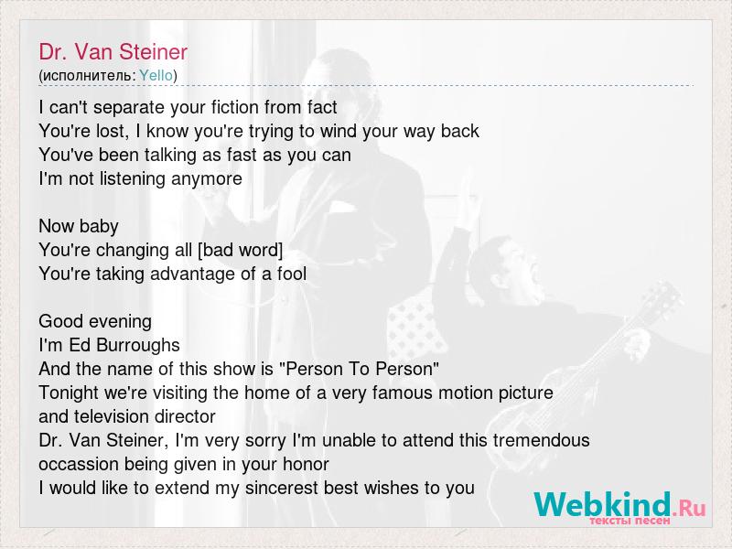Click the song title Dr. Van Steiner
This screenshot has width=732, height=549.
(113, 52)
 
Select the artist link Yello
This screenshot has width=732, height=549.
(156, 75)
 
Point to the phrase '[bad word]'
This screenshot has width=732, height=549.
(241, 250)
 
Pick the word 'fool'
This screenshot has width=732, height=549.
(292, 274)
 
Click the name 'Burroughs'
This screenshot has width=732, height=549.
(138, 346)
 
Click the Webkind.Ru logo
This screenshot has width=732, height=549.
(620, 507)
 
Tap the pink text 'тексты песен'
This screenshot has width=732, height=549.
(630, 520)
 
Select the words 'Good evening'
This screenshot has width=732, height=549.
(95, 322)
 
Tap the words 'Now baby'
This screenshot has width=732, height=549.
(79, 226)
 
